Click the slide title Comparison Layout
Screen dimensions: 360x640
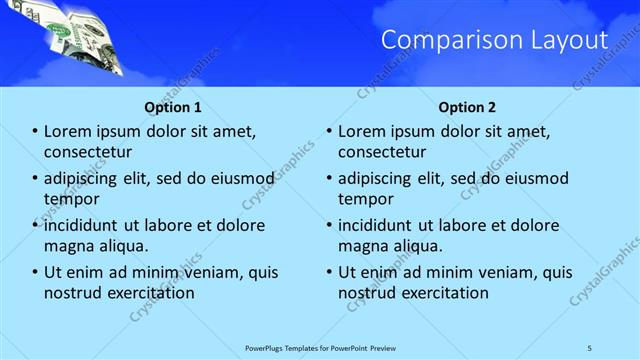(x=495, y=40)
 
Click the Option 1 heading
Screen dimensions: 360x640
(x=172, y=107)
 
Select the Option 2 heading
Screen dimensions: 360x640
(x=466, y=107)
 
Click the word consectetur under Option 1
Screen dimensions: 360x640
(x=88, y=151)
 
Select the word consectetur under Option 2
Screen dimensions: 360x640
(x=382, y=151)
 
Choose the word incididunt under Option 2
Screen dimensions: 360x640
(x=381, y=225)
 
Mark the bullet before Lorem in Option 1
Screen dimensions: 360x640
(x=36, y=131)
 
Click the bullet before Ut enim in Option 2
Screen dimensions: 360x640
(x=330, y=272)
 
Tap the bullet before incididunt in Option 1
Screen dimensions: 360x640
(x=36, y=225)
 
